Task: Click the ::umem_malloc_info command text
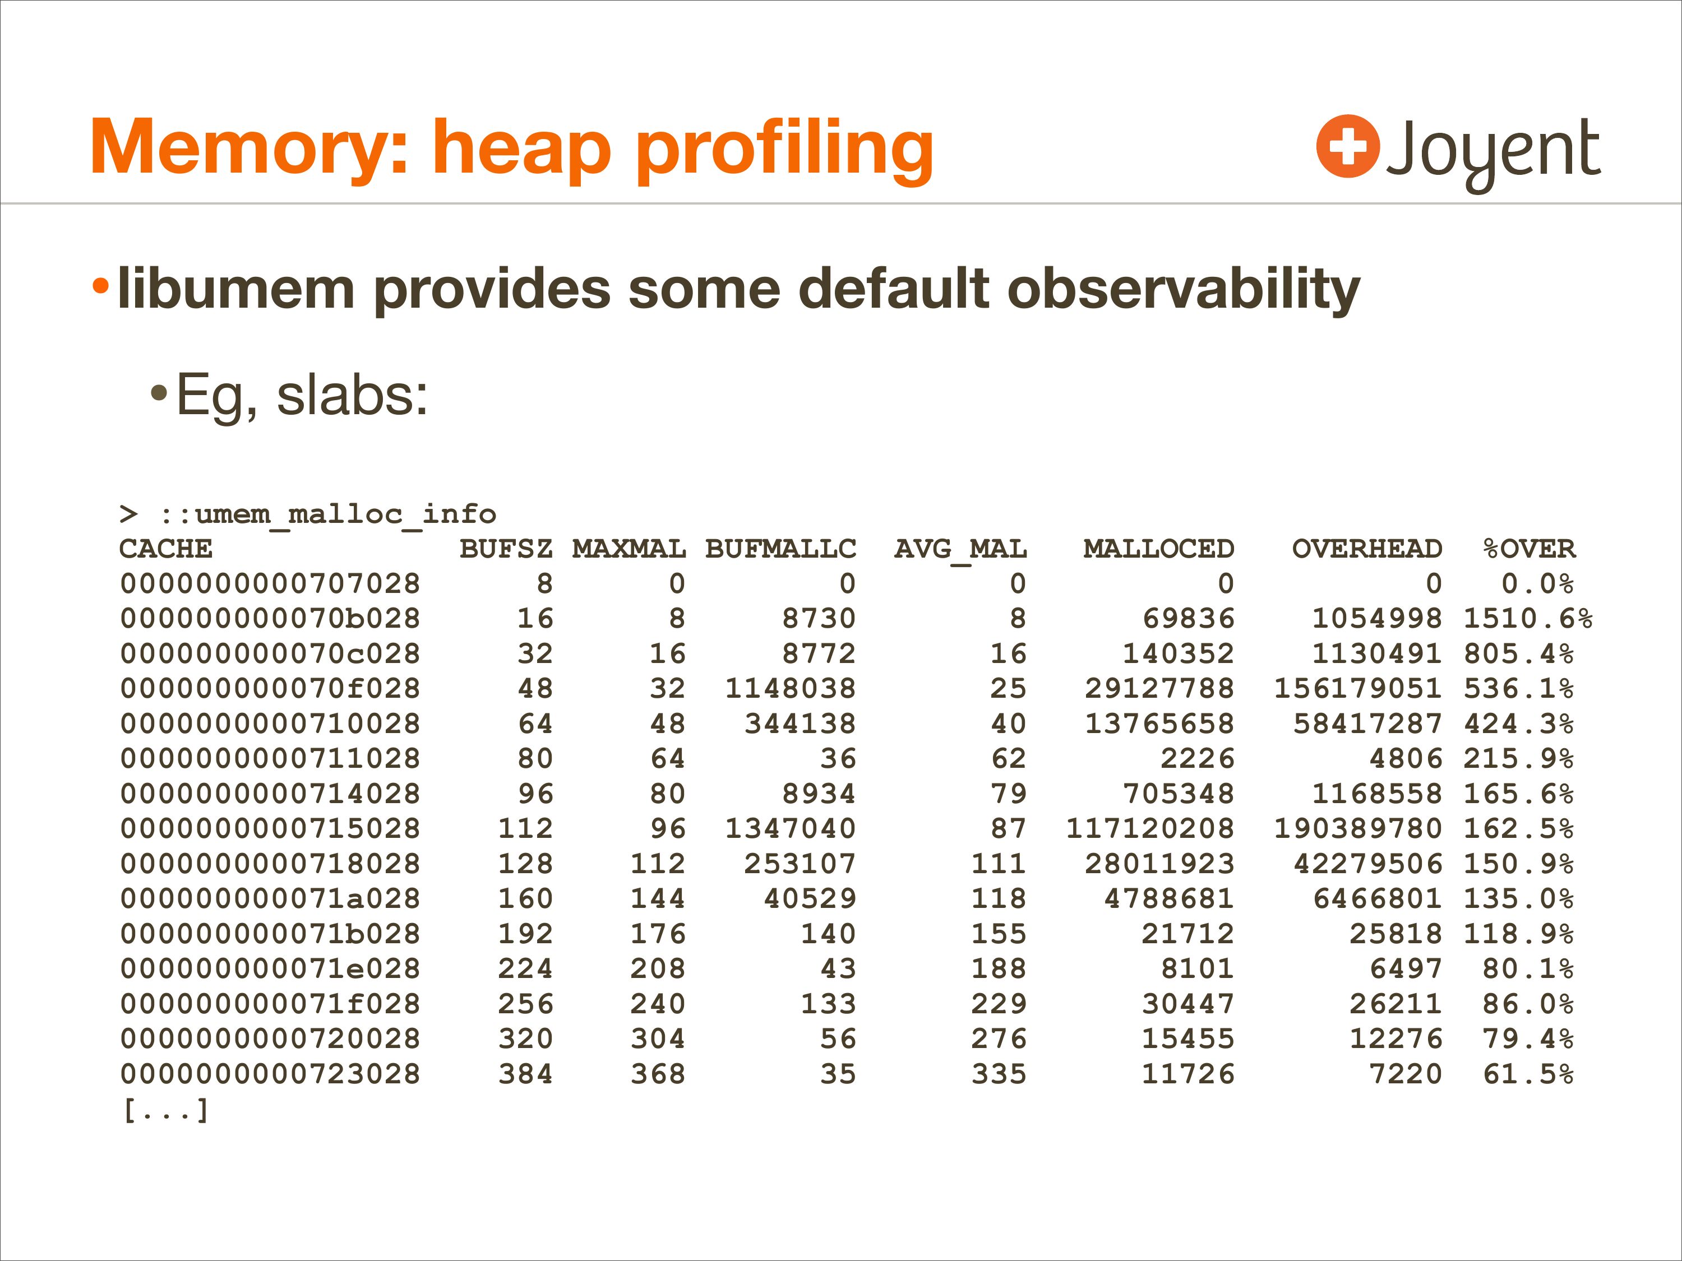(328, 514)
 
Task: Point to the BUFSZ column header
(506, 549)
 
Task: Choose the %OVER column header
(1528, 549)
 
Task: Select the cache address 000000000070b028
(270, 619)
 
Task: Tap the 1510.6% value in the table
(1528, 619)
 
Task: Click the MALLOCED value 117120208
(1150, 828)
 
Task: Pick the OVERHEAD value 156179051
(1358, 689)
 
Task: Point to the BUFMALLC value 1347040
(791, 828)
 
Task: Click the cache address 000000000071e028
(270, 968)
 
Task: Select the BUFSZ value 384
(525, 1074)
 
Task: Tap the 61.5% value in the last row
(1528, 1074)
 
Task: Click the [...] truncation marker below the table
(165, 1110)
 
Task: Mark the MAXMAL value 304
(658, 1039)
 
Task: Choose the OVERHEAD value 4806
(1406, 759)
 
